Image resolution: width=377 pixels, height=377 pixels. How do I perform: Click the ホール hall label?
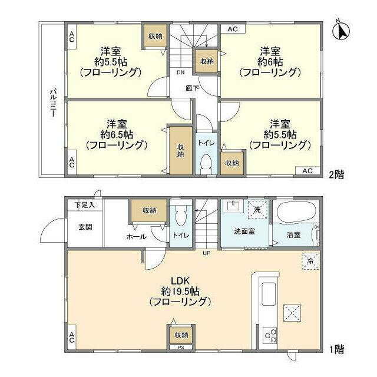[137, 236]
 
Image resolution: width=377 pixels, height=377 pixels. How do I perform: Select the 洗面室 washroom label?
[244, 230]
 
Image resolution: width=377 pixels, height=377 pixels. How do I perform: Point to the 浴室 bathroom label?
[293, 234]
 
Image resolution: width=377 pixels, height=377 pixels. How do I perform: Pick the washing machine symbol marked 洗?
[257, 209]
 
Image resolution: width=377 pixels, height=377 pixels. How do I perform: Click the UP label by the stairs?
[206, 254]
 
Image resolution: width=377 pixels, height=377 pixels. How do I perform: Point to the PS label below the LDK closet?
[180, 348]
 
